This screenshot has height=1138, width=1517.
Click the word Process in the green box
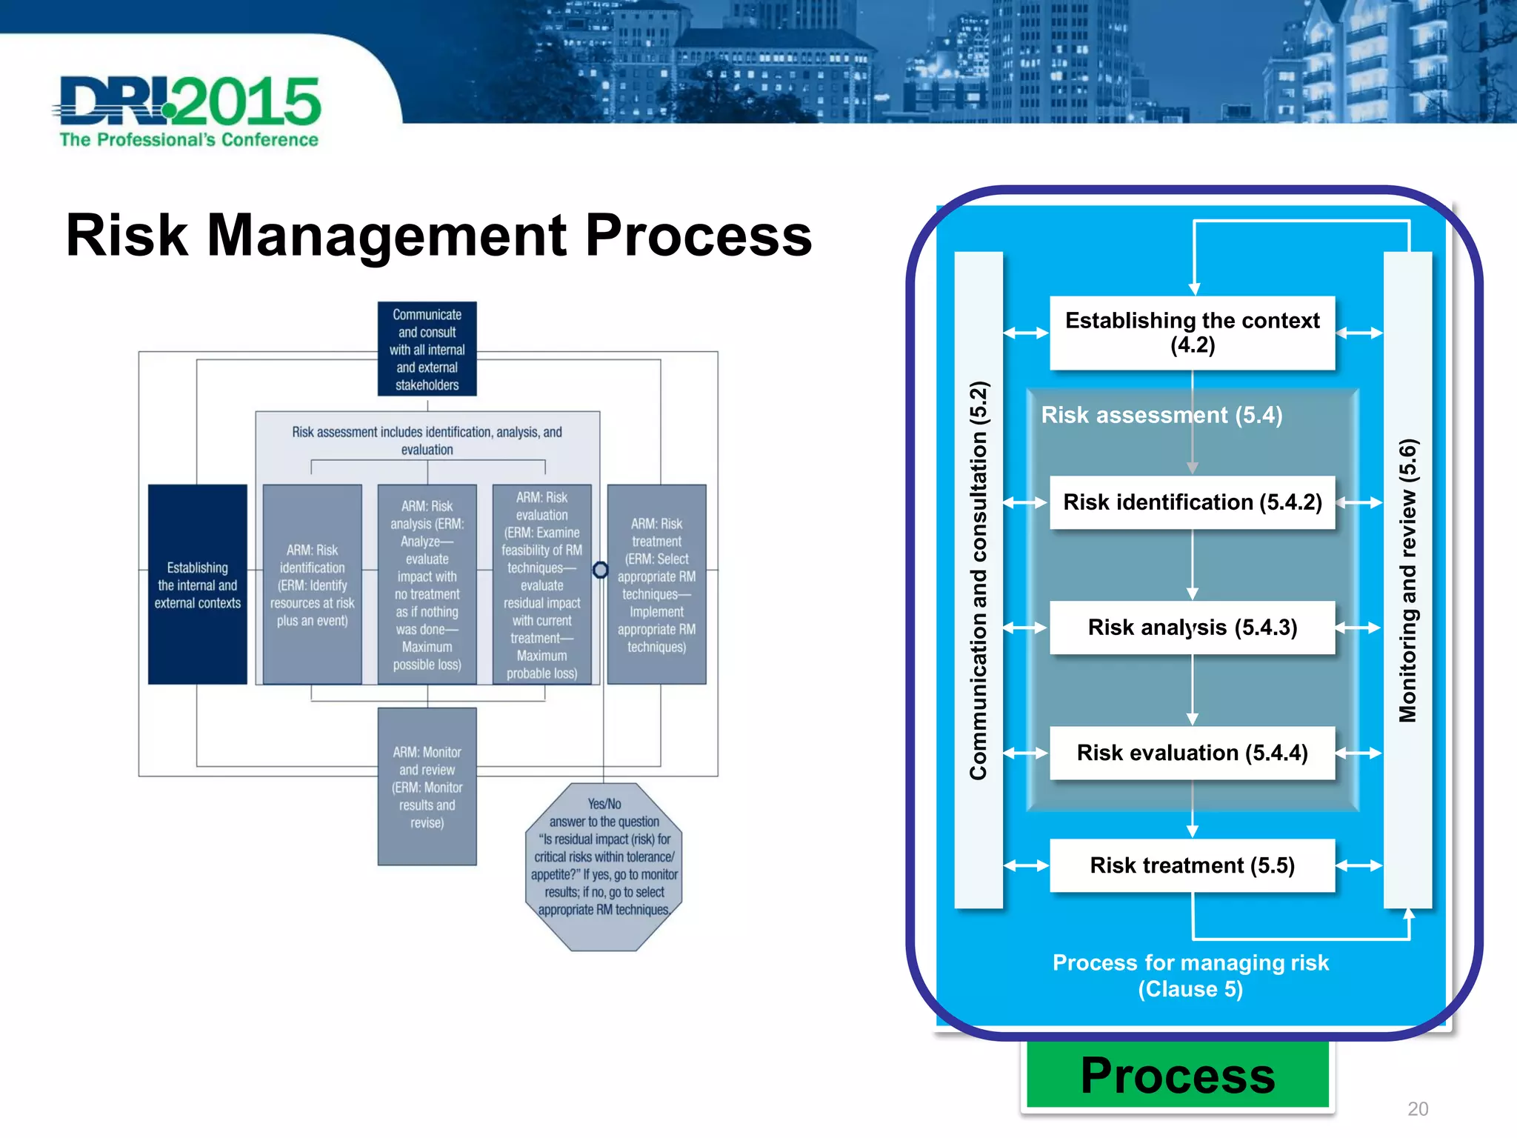pyautogui.click(x=1178, y=1075)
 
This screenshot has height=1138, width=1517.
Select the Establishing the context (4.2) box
pyautogui.click(x=1192, y=333)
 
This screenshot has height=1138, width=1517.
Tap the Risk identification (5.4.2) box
pyautogui.click(x=1192, y=502)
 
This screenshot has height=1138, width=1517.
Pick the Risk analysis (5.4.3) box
pyautogui.click(x=1192, y=628)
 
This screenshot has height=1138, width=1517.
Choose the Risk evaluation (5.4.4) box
pyautogui.click(x=1192, y=753)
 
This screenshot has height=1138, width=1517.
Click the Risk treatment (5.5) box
pyautogui.click(x=1192, y=865)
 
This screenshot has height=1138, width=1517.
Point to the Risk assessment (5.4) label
pyautogui.click(x=1161, y=415)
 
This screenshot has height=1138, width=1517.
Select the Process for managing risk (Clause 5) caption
pyautogui.click(x=1190, y=976)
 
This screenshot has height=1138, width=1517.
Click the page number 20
pyautogui.click(x=1418, y=1109)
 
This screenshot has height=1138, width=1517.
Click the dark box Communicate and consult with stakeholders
pyautogui.click(x=427, y=349)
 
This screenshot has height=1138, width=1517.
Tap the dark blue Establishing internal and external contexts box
pyautogui.click(x=197, y=585)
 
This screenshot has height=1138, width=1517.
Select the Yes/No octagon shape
pyautogui.click(x=604, y=867)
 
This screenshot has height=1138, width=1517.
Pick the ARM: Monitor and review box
pyautogui.click(x=427, y=787)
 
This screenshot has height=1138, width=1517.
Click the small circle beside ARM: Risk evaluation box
pyautogui.click(x=601, y=570)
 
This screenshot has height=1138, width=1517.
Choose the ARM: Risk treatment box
pyautogui.click(x=656, y=585)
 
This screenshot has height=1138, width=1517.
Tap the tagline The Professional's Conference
pyautogui.click(x=189, y=140)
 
